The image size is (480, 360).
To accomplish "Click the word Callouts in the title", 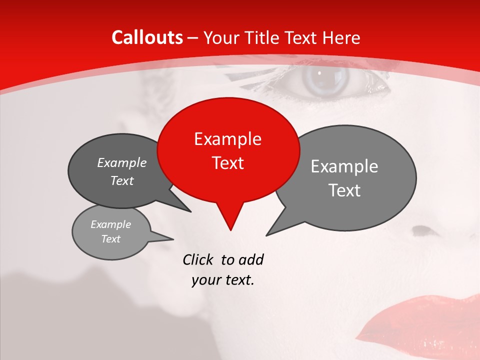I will click(147, 37).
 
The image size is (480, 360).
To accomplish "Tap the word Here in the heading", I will click(342, 37).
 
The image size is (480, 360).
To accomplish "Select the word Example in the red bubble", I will click(227, 139).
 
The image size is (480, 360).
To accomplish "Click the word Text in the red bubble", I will click(227, 163).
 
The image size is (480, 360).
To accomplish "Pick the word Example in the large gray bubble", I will click(344, 166).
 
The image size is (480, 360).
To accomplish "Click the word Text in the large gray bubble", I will click(344, 190).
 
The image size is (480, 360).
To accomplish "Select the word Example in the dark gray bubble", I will click(122, 162).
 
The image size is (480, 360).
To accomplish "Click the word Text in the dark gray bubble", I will click(122, 180).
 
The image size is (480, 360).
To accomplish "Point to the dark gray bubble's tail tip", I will click(190, 211).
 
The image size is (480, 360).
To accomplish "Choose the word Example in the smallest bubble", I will click(111, 224).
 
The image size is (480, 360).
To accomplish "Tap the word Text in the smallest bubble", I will click(111, 239).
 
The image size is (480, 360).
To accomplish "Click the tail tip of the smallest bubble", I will click(173, 238).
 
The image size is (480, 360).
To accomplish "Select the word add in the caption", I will click(251, 259).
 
